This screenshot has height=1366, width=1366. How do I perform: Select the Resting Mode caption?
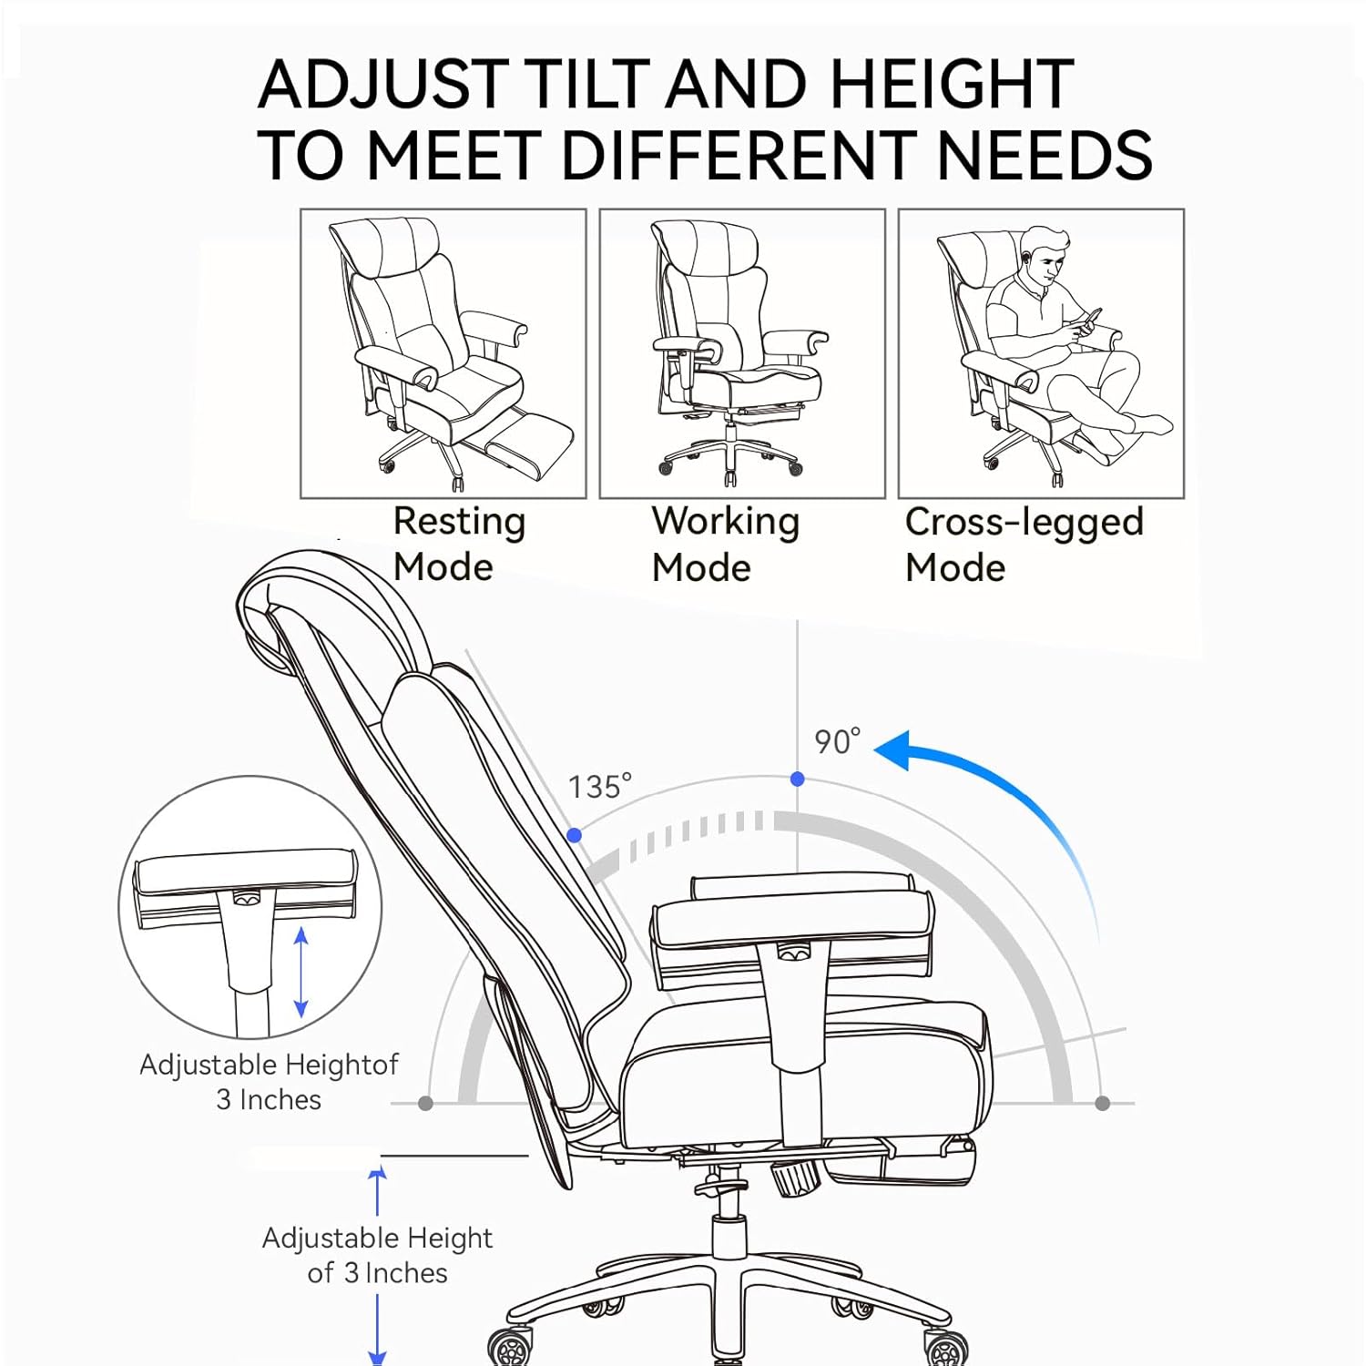click(459, 544)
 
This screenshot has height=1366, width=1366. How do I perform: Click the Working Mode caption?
click(726, 544)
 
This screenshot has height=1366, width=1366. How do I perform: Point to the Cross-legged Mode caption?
click(1024, 544)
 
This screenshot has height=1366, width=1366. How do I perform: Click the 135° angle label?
click(599, 787)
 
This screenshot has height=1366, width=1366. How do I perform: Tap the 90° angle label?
click(837, 741)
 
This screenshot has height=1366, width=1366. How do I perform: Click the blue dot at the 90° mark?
click(798, 779)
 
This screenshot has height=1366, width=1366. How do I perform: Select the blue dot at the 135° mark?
click(575, 835)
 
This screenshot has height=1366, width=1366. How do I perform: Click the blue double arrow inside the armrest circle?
click(301, 973)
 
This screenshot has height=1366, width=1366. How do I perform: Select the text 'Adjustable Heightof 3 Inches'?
click(269, 1082)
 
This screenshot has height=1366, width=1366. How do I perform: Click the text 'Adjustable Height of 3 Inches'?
click(377, 1255)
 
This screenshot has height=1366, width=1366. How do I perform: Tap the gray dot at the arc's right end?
click(1103, 1104)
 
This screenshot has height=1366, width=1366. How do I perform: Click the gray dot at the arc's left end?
click(425, 1104)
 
